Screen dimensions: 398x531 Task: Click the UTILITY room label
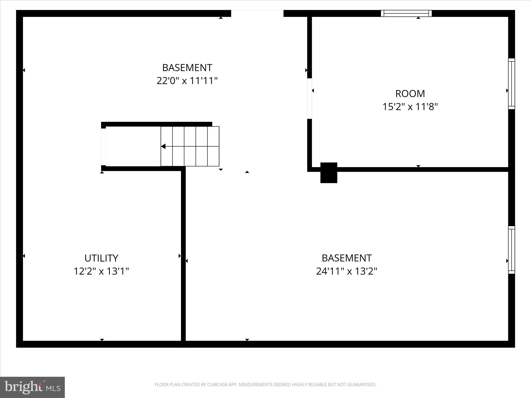101,258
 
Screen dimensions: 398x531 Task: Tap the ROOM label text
410,94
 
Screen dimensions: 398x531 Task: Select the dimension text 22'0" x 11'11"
187,81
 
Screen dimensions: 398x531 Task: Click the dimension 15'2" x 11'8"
410,107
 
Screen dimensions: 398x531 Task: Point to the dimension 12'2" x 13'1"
101,271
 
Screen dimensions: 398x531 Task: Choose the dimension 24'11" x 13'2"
346,271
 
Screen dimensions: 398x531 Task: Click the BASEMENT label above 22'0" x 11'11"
187,68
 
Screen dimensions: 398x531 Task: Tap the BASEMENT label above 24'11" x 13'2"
346,258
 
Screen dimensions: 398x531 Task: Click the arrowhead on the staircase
163,147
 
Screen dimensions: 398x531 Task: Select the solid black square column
329,173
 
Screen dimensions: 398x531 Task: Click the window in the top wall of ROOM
406,13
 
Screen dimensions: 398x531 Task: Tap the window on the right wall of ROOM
511,84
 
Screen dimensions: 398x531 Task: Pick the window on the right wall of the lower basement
511,250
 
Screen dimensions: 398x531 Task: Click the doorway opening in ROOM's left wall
309,98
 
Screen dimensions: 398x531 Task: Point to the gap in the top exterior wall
257,13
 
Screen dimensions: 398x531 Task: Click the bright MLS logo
32,387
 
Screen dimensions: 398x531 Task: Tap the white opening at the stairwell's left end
103,147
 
